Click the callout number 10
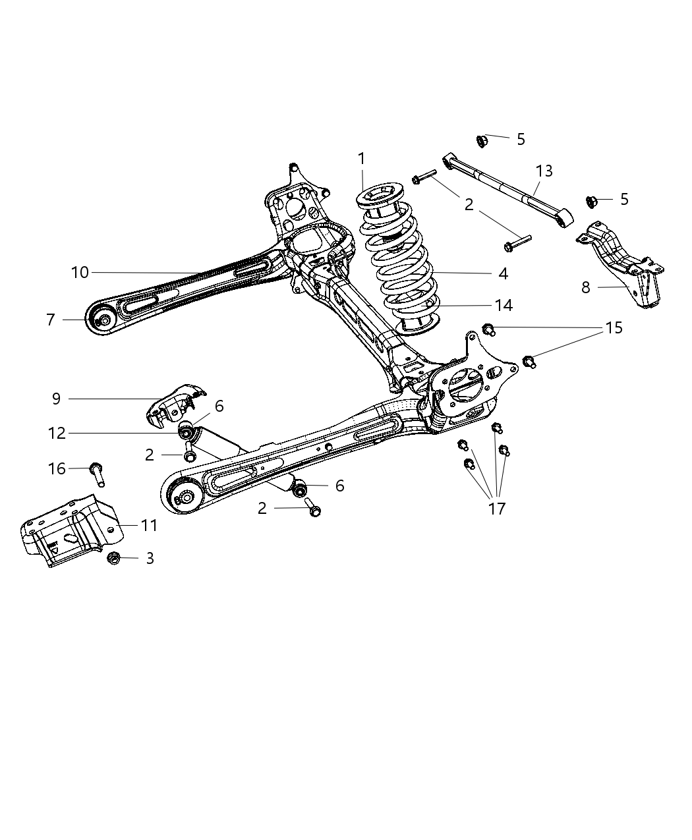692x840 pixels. click(80, 272)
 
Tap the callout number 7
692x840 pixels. click(51, 320)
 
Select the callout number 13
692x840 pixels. click(544, 171)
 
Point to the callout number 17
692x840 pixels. click(497, 508)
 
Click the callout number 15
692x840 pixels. click(614, 327)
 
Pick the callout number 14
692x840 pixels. click(502, 305)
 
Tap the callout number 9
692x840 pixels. click(56, 399)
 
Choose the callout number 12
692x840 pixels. click(56, 433)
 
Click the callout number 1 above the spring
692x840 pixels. click(361, 158)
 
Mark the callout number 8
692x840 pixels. click(586, 287)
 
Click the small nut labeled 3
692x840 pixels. click(113, 558)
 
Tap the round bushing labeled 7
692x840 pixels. click(103, 321)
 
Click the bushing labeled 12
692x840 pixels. click(187, 432)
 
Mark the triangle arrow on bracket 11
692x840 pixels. click(56, 546)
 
